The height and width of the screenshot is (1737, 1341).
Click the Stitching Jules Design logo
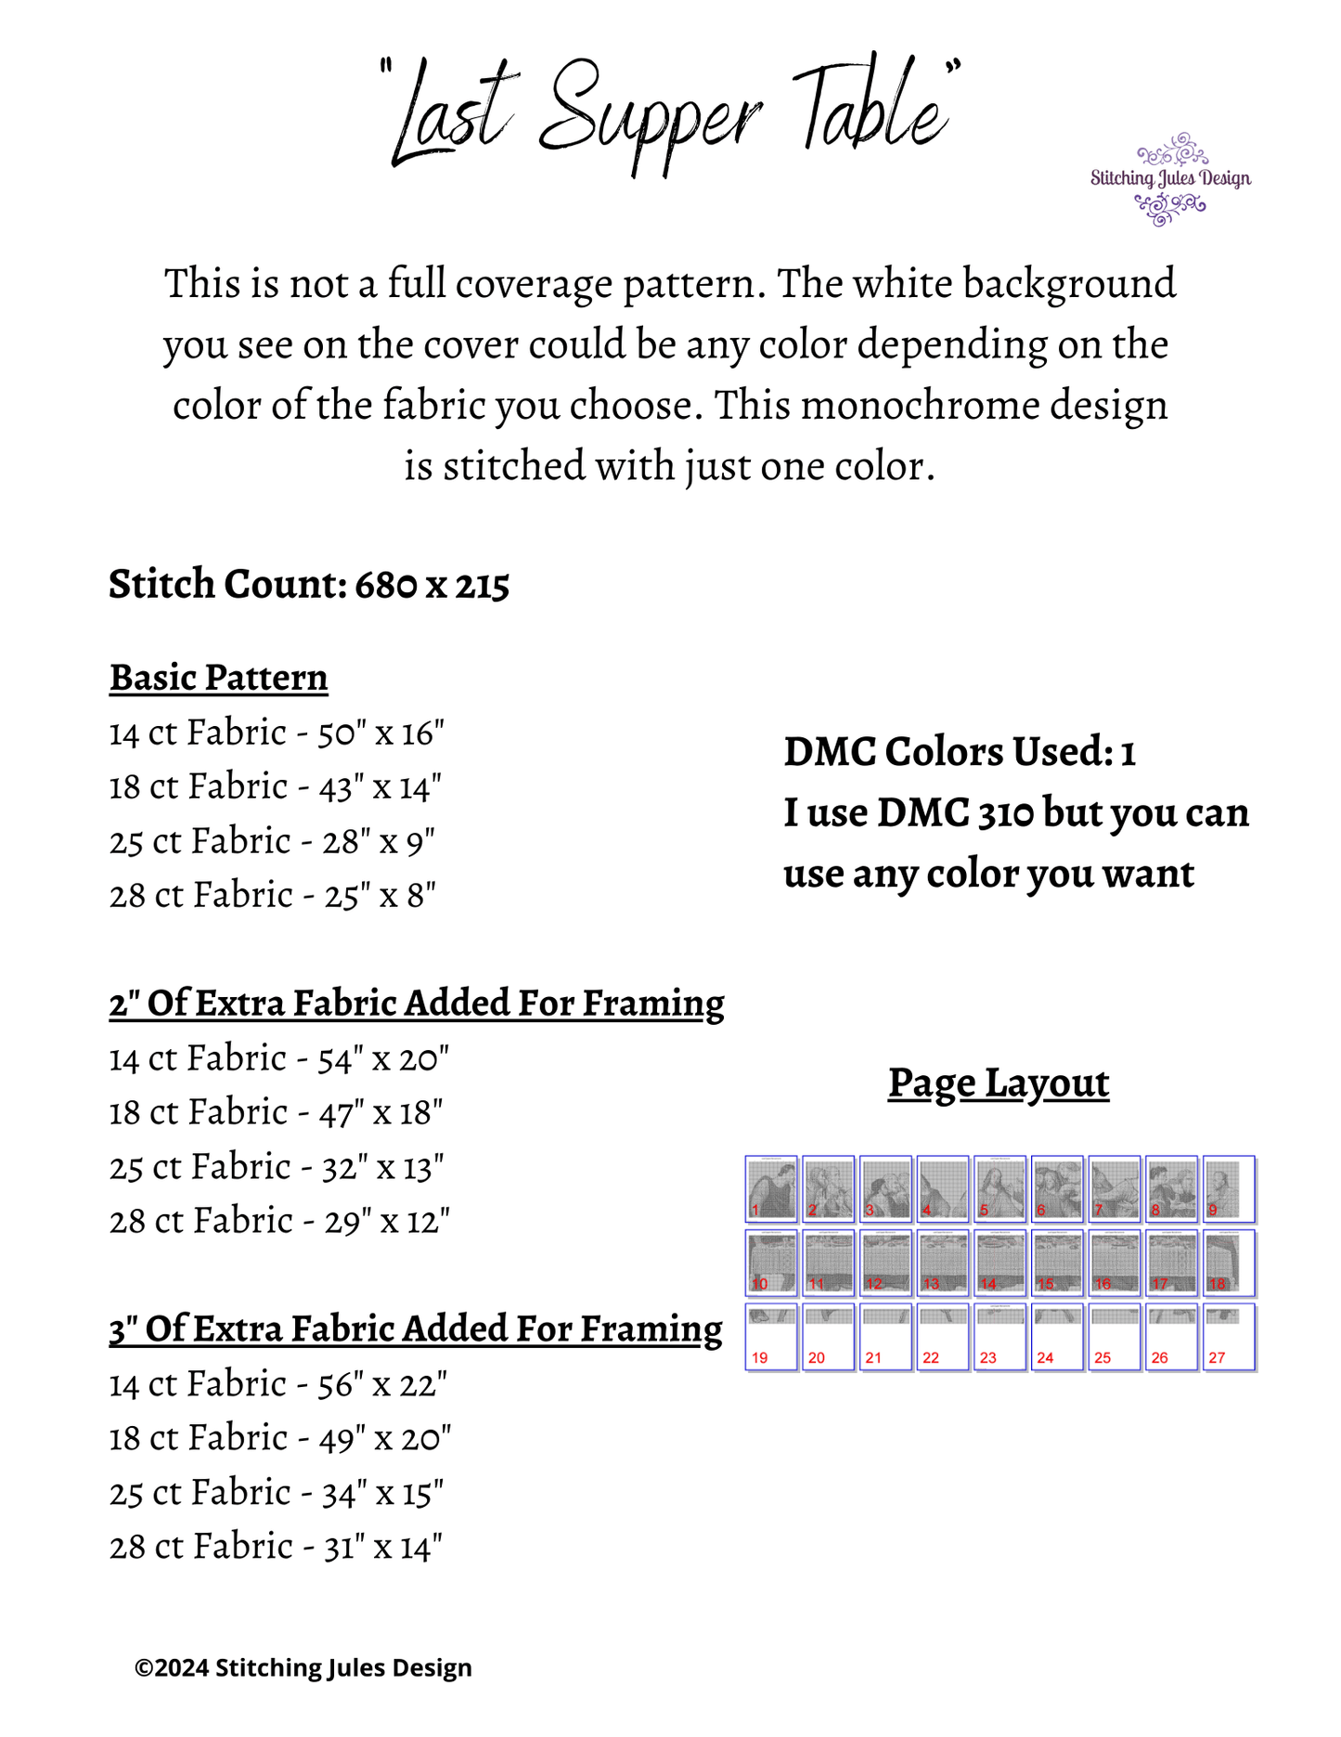point(1170,179)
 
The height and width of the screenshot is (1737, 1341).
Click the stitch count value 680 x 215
point(432,585)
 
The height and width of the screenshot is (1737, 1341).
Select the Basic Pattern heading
point(218,678)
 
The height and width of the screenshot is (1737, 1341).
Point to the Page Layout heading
point(998,1082)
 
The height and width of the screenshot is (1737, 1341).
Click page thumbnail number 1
point(771,1188)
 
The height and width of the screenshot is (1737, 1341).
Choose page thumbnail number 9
point(1228,1188)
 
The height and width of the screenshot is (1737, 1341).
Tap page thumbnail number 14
point(999,1263)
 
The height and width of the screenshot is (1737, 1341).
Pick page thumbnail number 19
point(771,1337)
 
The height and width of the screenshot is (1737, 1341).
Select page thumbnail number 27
point(1228,1337)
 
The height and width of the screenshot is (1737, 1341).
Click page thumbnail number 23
point(999,1337)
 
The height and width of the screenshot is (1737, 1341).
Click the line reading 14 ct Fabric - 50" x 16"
point(277,733)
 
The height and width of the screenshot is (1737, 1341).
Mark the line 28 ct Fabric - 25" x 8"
point(273,896)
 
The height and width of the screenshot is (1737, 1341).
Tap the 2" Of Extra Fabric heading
point(416,1004)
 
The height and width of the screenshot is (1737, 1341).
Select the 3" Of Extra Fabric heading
point(415,1329)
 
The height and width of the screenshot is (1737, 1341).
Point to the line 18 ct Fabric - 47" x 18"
point(276,1112)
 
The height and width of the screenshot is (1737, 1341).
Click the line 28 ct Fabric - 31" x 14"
point(276,1547)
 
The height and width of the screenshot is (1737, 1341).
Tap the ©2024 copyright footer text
point(303,1668)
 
